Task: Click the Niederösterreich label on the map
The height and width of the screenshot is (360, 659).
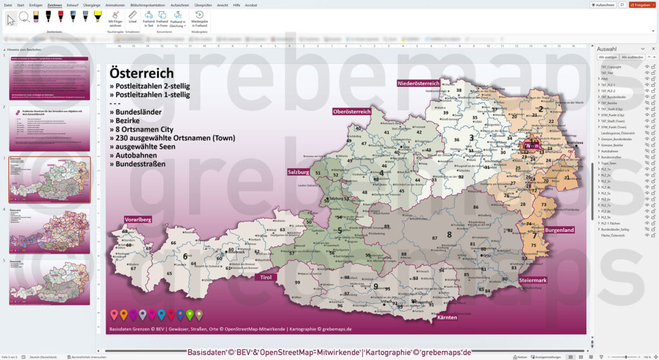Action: pos(418,83)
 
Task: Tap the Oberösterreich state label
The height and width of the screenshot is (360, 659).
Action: pos(352,111)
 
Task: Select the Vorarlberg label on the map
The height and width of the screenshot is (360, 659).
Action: pos(138,219)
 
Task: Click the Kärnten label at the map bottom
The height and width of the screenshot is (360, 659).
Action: pos(447,317)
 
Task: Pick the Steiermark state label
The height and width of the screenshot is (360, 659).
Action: pos(533,280)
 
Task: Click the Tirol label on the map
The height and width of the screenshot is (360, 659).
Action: pos(265,278)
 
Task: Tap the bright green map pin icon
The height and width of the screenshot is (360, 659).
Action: pos(189,314)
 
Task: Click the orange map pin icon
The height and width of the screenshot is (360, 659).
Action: pos(124,314)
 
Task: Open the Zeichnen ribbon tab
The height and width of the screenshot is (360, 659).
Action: pos(55,5)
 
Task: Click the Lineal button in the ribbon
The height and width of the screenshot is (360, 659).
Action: pos(133,21)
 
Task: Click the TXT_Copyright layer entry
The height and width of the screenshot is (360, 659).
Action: pos(611,66)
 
